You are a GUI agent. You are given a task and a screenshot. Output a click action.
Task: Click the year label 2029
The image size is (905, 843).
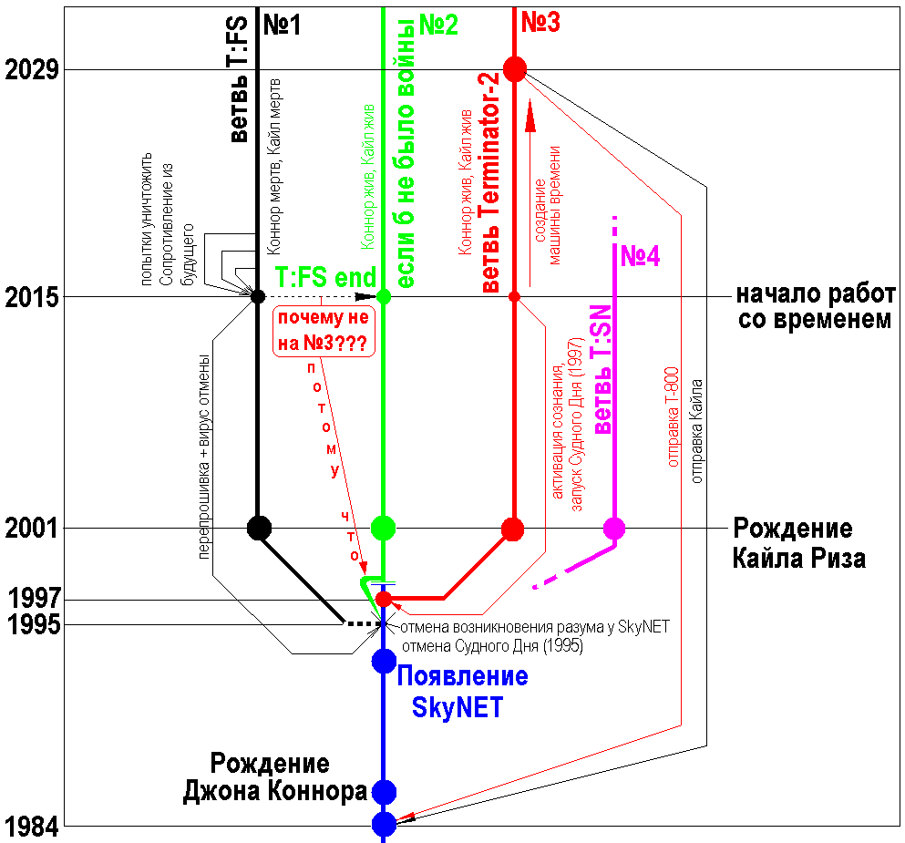(x=32, y=69)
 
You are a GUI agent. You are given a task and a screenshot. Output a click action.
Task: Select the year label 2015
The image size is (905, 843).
(x=32, y=297)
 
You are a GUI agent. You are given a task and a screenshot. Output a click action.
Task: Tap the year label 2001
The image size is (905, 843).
(x=32, y=528)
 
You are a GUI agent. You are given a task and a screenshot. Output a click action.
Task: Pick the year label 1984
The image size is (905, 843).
(x=32, y=827)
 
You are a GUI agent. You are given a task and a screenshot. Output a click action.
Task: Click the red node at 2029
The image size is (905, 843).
(x=515, y=69)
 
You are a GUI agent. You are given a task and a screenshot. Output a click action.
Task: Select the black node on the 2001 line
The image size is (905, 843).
(x=260, y=527)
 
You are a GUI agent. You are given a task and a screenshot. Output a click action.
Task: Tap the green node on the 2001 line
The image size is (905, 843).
(x=384, y=527)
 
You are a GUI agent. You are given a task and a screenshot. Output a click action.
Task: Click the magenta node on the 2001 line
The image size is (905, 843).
(x=614, y=528)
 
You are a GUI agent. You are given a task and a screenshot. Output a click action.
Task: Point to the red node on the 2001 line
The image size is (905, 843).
(x=513, y=528)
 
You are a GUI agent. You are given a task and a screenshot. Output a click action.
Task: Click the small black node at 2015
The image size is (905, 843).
(x=258, y=296)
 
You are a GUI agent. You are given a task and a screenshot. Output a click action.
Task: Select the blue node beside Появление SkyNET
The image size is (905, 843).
(x=384, y=661)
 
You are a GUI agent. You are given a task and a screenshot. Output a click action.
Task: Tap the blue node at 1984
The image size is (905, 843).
(x=384, y=824)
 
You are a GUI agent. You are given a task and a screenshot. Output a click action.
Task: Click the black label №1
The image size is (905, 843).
(x=283, y=25)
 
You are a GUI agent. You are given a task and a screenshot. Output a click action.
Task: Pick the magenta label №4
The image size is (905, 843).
(x=640, y=257)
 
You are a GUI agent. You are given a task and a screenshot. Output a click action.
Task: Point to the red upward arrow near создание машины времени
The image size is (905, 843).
(x=529, y=118)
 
